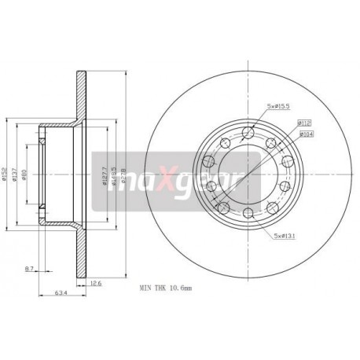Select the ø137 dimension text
point(16,174)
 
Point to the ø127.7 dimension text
point(105,174)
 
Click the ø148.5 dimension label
point(116,174)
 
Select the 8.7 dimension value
point(28,270)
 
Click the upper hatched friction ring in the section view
point(80,93)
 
